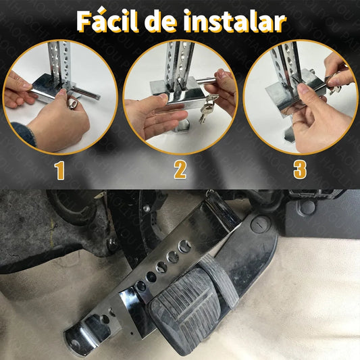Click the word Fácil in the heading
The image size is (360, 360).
point(107,21)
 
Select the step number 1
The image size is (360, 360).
point(59,170)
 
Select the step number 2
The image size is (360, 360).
point(180,170)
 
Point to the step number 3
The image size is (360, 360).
point(300,170)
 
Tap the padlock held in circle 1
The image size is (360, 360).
point(73,103)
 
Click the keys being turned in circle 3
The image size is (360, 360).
point(334,85)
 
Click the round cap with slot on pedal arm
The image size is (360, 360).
point(260,224)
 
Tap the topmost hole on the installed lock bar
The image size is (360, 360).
point(184,246)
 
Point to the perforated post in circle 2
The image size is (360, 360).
point(180,63)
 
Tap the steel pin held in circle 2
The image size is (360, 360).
point(206,81)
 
